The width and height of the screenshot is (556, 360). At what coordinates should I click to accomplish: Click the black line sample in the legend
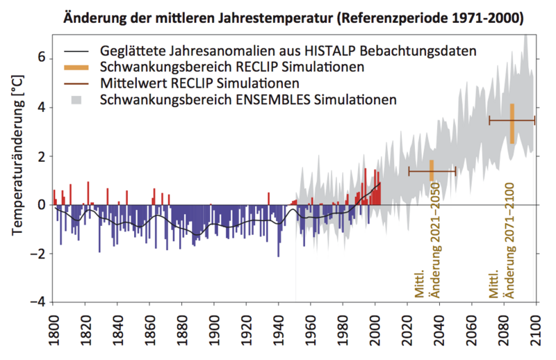(78, 51)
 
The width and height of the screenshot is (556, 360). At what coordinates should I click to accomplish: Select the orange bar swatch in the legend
(78, 67)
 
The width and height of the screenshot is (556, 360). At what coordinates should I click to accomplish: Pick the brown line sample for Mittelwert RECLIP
(78, 83)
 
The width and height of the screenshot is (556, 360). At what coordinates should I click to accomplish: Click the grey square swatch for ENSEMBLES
(78, 99)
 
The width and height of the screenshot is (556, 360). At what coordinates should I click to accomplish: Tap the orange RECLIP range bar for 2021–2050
(432, 170)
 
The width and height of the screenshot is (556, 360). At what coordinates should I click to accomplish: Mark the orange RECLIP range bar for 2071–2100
(512, 123)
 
